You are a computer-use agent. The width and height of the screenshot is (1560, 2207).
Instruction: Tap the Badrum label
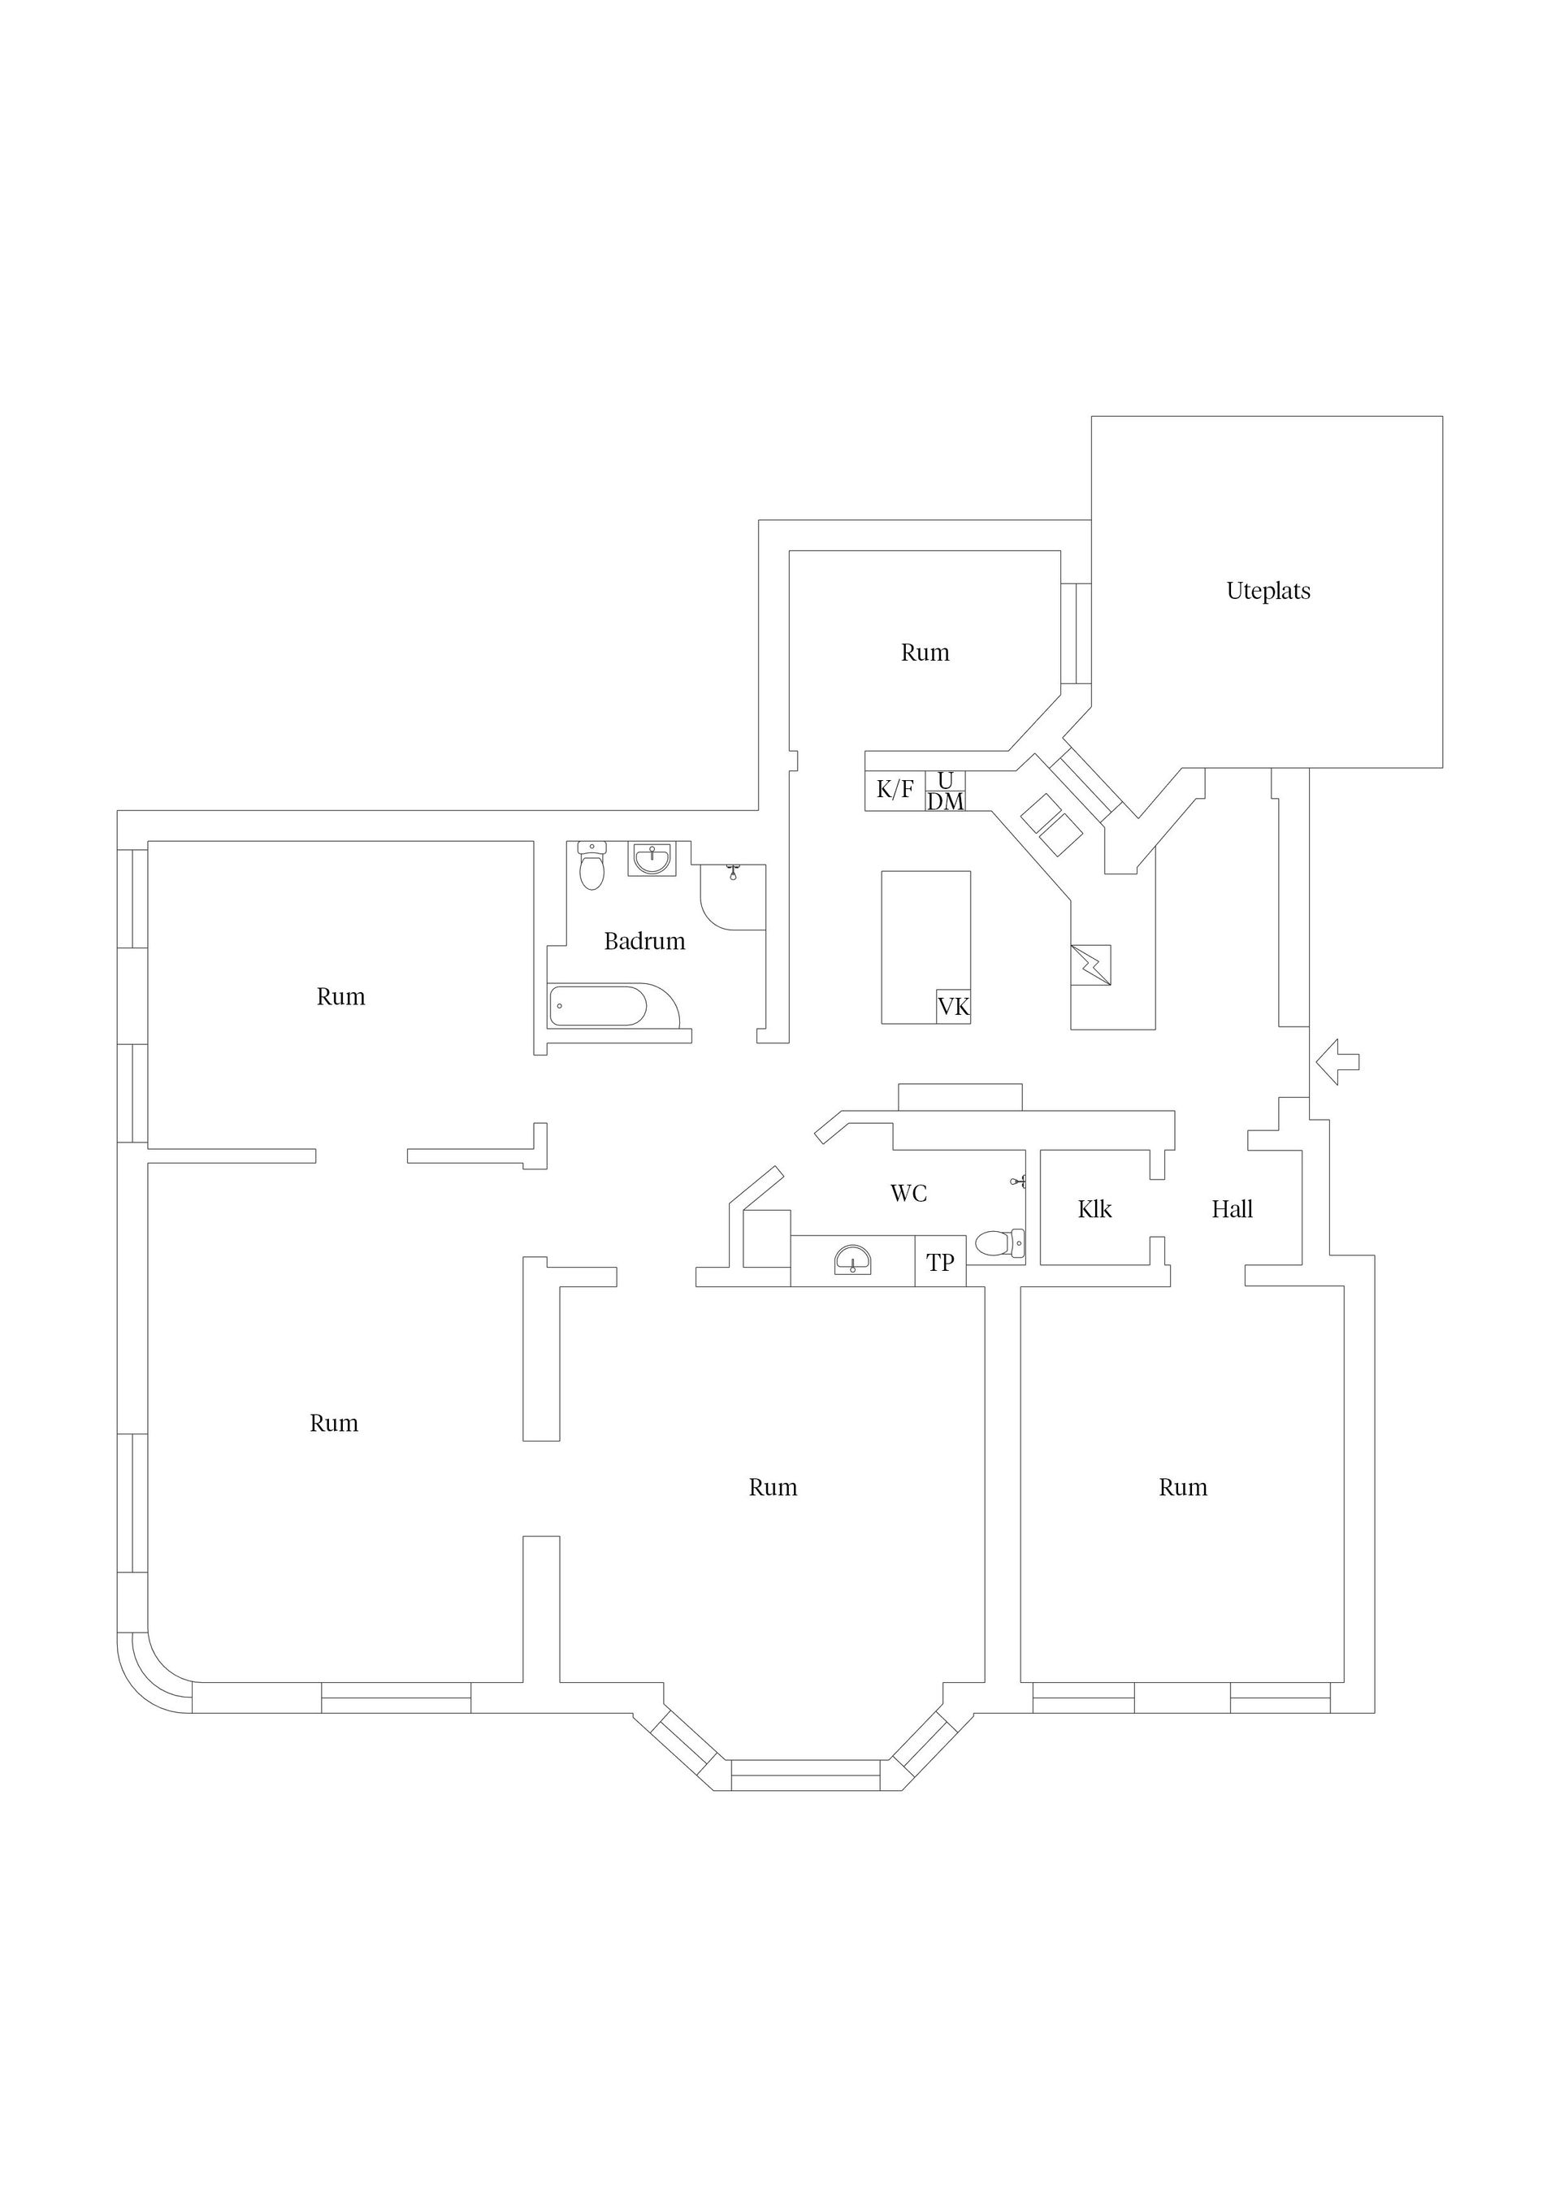pos(644,941)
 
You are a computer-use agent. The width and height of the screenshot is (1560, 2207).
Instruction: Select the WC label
pos(908,1193)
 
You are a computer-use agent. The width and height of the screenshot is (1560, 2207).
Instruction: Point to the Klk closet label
pos(1094,1208)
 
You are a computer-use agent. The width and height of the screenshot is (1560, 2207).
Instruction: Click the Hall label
pos(1233,1208)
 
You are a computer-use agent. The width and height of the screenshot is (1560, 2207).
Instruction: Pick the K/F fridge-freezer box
pos(895,790)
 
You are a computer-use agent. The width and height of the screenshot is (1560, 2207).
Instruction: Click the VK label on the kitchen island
pos(954,1007)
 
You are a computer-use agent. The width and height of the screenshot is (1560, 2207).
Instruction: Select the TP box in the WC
pos(940,1261)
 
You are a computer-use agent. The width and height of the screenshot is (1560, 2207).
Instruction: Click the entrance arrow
pos(1337,1061)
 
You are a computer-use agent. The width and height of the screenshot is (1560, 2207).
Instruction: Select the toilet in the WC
pos(999,1243)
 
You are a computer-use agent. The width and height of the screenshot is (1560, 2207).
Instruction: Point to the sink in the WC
pos(852,1260)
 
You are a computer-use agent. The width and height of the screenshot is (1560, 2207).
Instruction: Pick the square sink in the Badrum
pos(652,858)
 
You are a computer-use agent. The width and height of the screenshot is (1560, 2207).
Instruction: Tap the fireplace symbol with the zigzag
pos(1091,965)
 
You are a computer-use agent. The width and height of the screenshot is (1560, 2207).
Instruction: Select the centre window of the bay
pos(805,1776)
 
